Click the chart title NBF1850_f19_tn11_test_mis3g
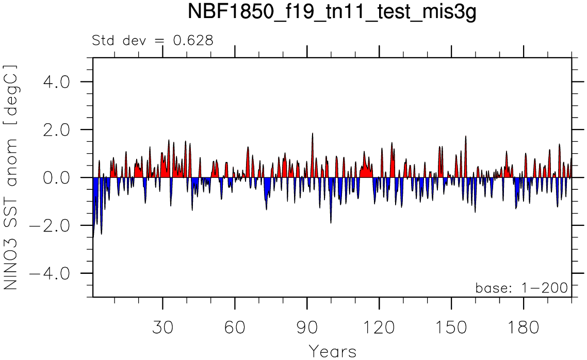pos(332,13)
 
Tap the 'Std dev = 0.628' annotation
pos(152,40)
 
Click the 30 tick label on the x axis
pos(162,328)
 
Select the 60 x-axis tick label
pos(235,328)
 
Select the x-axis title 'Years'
pos(333,351)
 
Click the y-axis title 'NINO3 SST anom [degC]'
pos(11,177)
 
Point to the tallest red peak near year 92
pos(312,134)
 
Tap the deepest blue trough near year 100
pos(331,222)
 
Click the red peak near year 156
pos(465,137)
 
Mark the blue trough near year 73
pos(266,208)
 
